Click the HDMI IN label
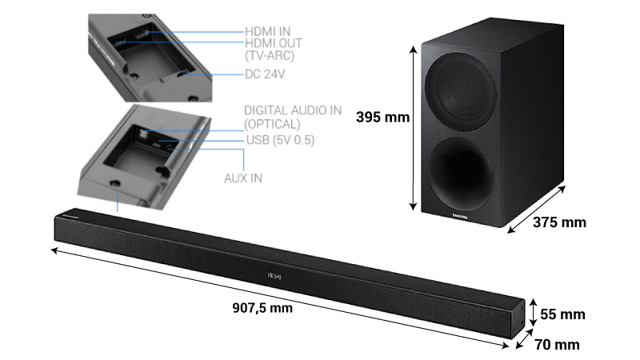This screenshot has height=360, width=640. point(267,30)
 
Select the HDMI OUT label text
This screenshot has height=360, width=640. point(274,42)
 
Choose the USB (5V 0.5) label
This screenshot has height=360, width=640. point(280,141)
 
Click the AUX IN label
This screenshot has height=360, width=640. point(242,177)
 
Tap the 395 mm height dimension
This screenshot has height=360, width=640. point(382,118)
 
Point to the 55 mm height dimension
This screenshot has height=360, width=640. point(562,314)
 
